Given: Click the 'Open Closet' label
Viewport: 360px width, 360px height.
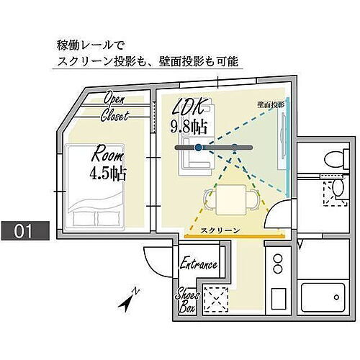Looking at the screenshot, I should point(116,106).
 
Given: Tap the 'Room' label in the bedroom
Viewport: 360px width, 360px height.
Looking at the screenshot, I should point(106,155).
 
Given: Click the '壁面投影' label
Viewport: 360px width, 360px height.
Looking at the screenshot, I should point(270,104).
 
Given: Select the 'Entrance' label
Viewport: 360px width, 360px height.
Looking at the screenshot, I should point(198,264).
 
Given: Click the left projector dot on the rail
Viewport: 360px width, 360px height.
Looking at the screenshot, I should point(199,148).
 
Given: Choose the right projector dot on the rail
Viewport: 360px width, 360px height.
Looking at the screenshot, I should point(234,148).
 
